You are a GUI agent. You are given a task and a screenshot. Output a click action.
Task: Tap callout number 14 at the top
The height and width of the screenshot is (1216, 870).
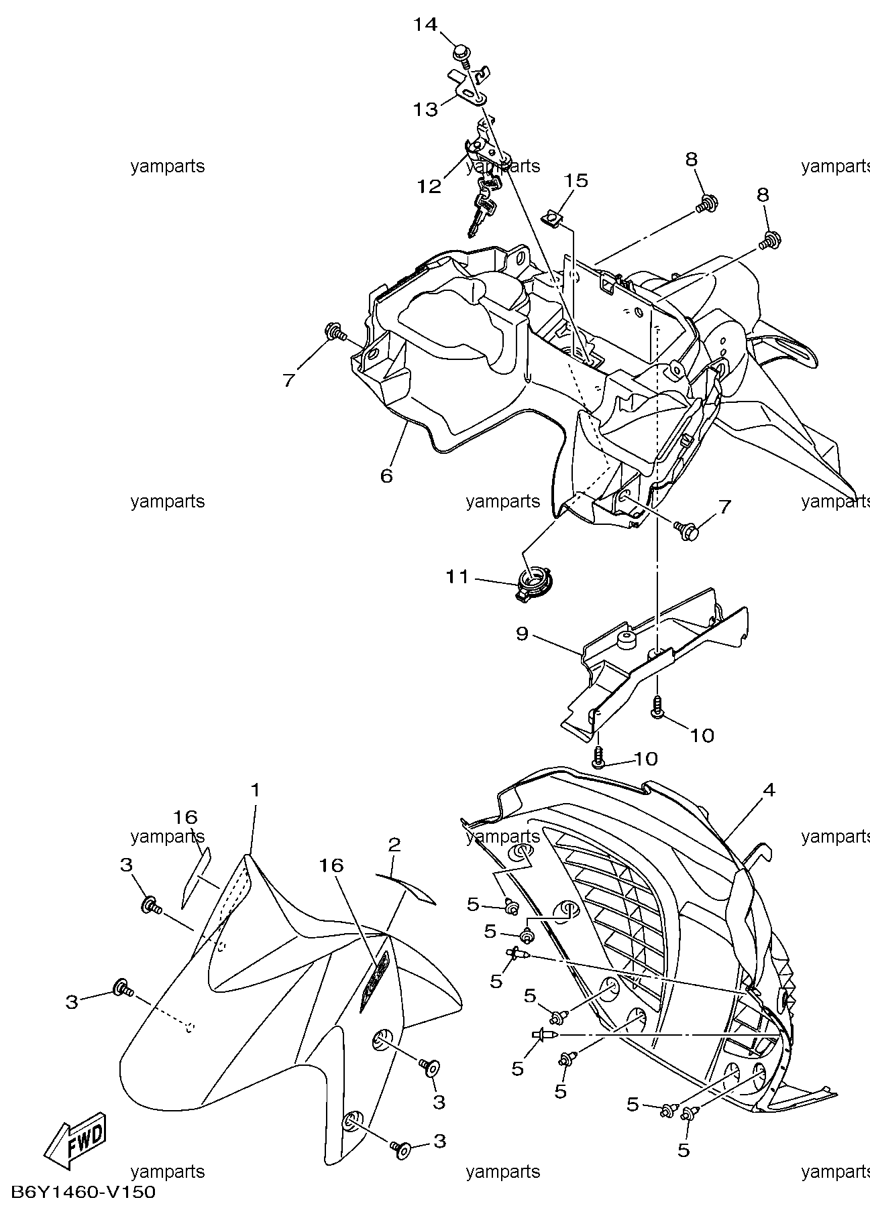[x=425, y=25]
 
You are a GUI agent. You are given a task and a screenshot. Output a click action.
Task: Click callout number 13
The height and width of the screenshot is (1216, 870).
[x=425, y=109]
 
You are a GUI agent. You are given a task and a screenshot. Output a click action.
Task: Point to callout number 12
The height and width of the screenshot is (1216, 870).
[x=429, y=186]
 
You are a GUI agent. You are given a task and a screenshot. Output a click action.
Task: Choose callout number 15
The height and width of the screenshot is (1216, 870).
[x=576, y=180]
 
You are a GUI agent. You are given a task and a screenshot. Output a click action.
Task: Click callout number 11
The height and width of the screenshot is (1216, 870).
[x=458, y=576]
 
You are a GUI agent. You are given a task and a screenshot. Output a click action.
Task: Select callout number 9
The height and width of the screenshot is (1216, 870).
[x=523, y=633]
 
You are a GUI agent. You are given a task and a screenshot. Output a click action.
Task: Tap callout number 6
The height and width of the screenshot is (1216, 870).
[x=386, y=475]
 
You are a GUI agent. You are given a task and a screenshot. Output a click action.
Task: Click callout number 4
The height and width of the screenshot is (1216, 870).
[x=769, y=791]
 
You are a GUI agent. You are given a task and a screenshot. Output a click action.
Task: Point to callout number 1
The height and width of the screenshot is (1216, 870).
[x=255, y=790]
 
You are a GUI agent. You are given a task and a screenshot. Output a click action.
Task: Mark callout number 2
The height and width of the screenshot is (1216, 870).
[x=394, y=844]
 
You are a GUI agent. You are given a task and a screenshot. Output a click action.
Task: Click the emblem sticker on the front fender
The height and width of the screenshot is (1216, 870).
[x=374, y=982]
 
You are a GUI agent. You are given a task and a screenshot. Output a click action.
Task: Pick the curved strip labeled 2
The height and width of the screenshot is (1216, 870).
[x=406, y=887]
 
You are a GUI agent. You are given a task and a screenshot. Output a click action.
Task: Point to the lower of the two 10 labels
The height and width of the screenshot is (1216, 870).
[x=645, y=759]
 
